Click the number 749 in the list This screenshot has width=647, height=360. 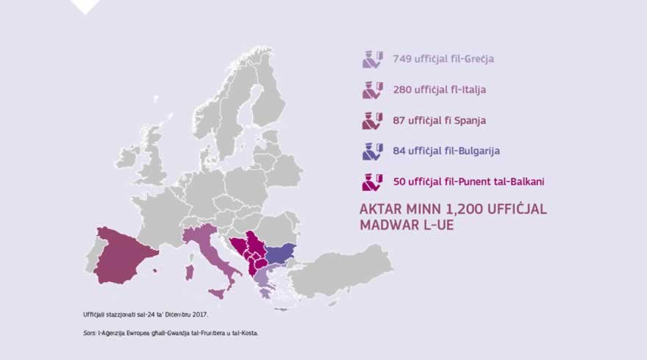coord(403,58)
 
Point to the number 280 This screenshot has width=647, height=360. coord(403,90)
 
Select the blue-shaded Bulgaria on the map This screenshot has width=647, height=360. coord(280,254)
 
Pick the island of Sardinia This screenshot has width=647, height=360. coord(190,273)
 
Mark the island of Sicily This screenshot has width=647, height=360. coord(218,293)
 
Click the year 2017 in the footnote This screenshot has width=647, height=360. coord(197,314)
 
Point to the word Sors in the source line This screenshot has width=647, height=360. coord(90,334)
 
